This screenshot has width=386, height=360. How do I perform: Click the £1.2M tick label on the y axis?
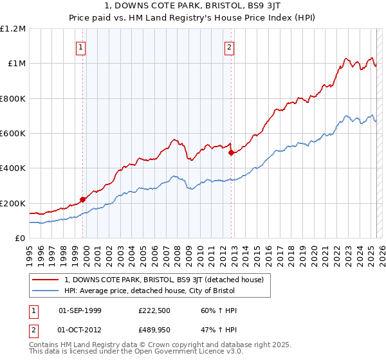click(x=13, y=28)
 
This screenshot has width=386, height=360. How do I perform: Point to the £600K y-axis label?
click(x=13, y=134)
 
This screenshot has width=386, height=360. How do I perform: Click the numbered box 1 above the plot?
click(x=81, y=46)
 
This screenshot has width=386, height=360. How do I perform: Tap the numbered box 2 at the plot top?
click(x=230, y=46)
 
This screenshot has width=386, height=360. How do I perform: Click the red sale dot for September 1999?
click(x=82, y=199)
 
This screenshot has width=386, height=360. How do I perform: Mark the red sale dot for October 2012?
click(x=231, y=152)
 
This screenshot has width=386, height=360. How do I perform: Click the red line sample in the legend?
click(x=46, y=279)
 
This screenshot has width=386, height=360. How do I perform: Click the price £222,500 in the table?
click(x=153, y=310)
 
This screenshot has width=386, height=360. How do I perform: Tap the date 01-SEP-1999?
click(x=80, y=310)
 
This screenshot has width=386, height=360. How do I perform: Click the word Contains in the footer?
click(x=44, y=346)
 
